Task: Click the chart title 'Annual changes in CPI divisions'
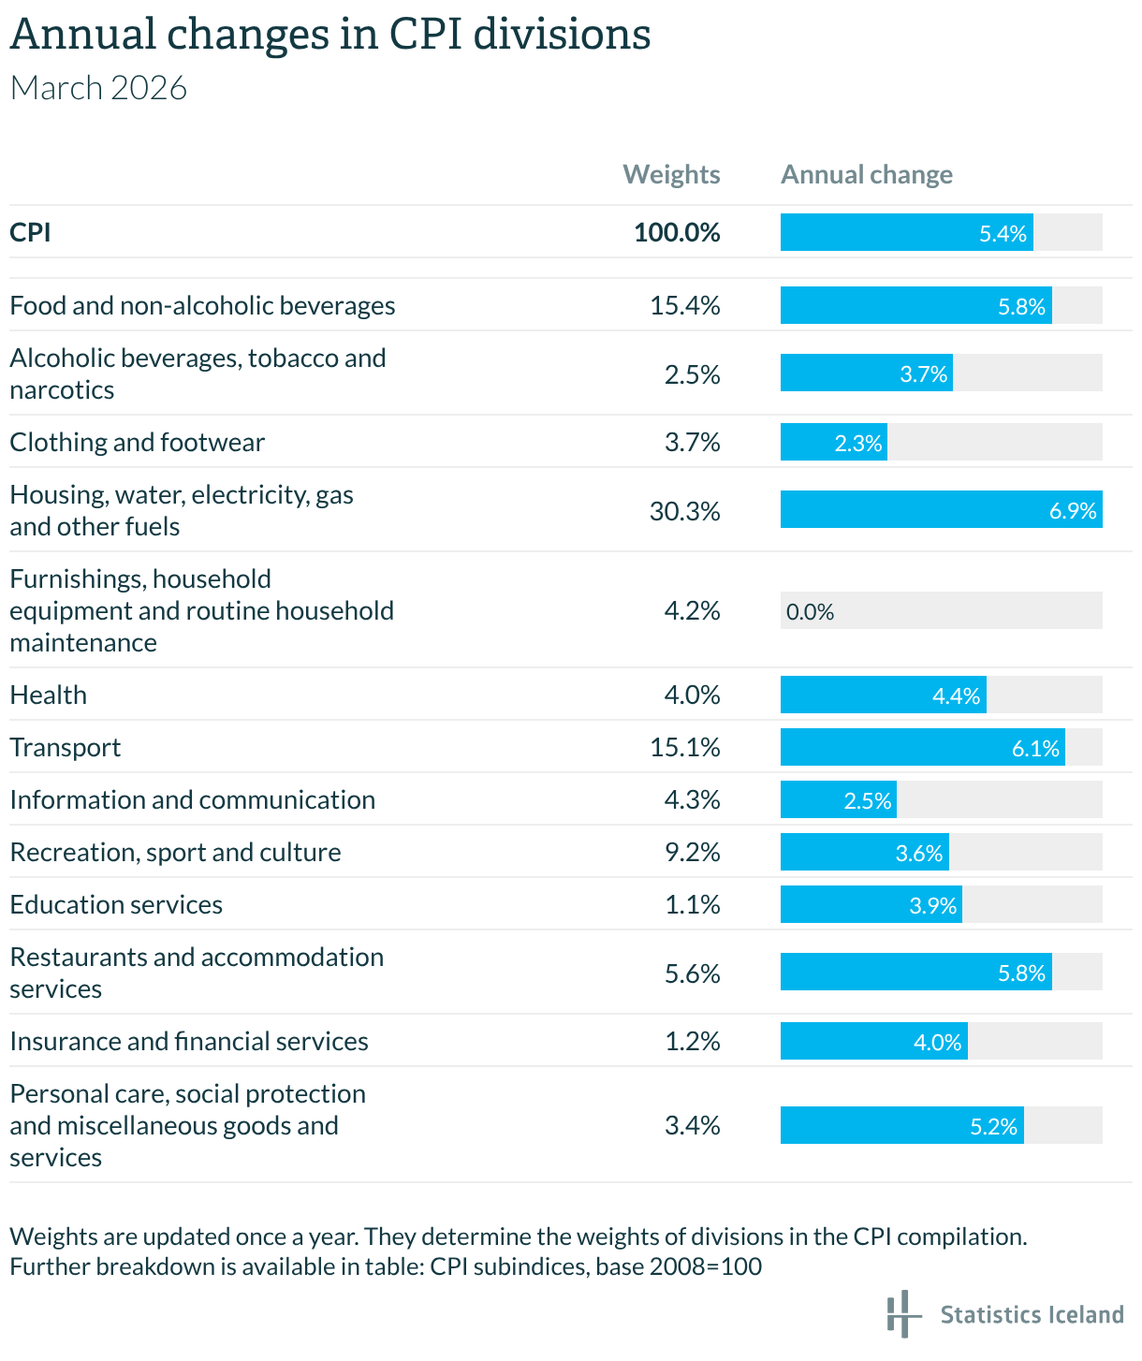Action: pyautogui.click(x=329, y=36)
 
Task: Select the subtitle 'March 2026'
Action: pyautogui.click(x=98, y=88)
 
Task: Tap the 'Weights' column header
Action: pyautogui.click(x=671, y=175)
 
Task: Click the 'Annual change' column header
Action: pyautogui.click(x=866, y=175)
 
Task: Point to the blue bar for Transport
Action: pyautogui.click(x=922, y=747)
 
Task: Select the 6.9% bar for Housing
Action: pyautogui.click(x=941, y=510)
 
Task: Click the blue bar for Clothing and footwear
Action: pyautogui.click(x=833, y=442)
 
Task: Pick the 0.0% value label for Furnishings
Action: pyautogui.click(x=810, y=612)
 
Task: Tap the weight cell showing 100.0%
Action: pyautogui.click(x=677, y=232)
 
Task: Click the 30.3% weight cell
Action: pyautogui.click(x=684, y=511)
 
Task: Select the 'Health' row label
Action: pyautogui.click(x=49, y=695)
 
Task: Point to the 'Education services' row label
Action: pyautogui.click(x=116, y=904)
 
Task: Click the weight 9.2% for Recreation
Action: pyautogui.click(x=692, y=852)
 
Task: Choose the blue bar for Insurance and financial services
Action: pyautogui.click(x=873, y=1041)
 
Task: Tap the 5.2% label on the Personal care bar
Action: pyautogui.click(x=993, y=1126)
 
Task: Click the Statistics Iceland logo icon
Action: pyautogui.click(x=902, y=1313)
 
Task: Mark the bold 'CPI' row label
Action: pyautogui.click(x=30, y=232)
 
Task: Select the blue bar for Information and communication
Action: pyautogui.click(x=838, y=799)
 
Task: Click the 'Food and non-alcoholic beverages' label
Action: pyautogui.click(x=202, y=305)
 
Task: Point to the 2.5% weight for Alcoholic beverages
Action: pyautogui.click(x=692, y=374)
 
